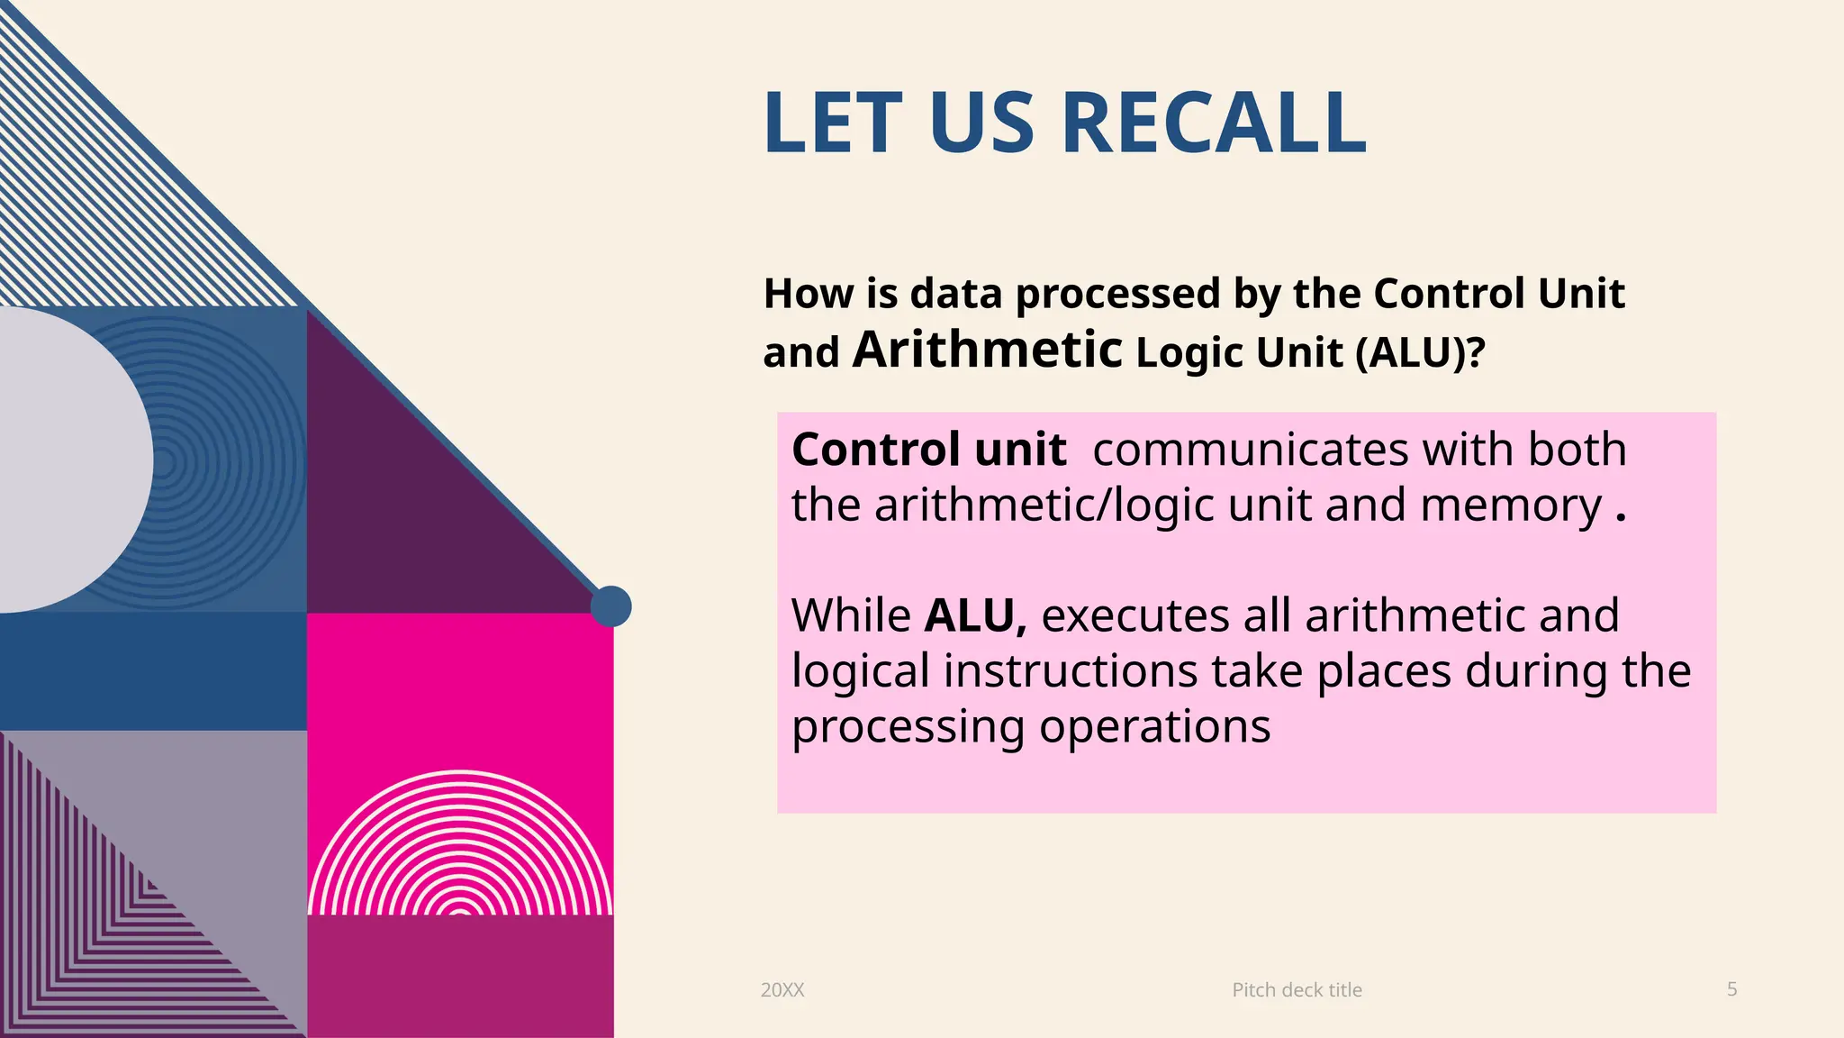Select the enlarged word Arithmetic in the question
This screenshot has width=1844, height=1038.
click(987, 350)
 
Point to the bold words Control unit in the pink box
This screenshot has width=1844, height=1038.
click(928, 449)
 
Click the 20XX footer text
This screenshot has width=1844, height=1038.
click(782, 989)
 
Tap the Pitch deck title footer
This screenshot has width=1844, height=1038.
click(1297, 989)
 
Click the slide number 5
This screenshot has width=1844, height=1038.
click(1731, 988)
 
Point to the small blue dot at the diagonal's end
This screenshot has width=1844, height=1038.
click(611, 606)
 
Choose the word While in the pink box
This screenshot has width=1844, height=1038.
click(851, 615)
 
